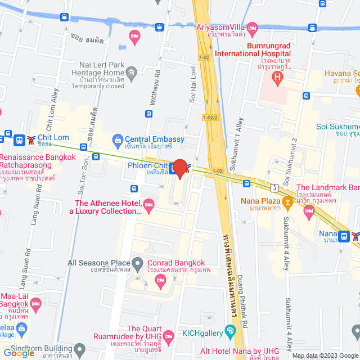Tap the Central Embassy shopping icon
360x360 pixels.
point(118,139)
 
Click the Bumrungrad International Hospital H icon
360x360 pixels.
point(276,76)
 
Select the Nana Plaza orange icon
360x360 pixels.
point(287,201)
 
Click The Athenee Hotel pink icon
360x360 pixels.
point(148,203)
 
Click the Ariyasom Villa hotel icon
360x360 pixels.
point(253,27)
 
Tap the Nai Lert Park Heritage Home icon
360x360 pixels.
point(131,72)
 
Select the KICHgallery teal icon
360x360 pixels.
point(229,331)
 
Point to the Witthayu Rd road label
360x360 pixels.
point(157,84)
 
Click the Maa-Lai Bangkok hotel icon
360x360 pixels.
point(35,304)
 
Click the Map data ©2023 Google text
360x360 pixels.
point(323,355)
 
